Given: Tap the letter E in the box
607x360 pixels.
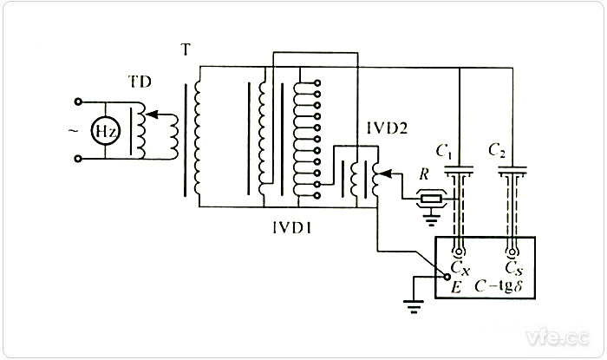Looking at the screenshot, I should tap(454, 283).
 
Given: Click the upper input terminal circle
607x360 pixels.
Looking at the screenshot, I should tap(79, 101).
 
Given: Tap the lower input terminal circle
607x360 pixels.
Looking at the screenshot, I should tap(79, 159).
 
